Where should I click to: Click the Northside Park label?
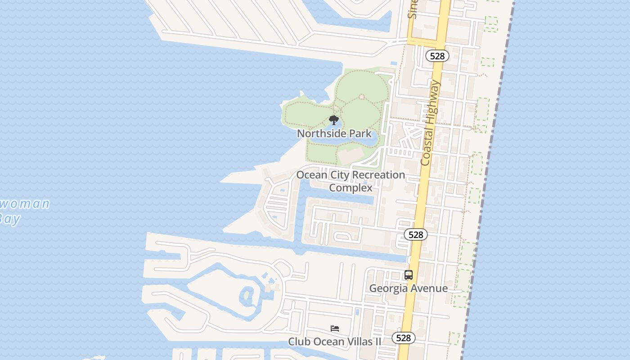pyautogui.click(x=334, y=134)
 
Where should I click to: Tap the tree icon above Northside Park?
pyautogui.click(x=333, y=120)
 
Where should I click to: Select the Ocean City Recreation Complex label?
pyautogui.click(x=351, y=181)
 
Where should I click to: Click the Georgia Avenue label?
pyautogui.click(x=408, y=288)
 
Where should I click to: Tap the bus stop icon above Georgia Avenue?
pyautogui.click(x=409, y=275)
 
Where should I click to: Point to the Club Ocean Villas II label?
pyautogui.click(x=334, y=342)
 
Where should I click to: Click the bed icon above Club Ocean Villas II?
pyautogui.click(x=335, y=328)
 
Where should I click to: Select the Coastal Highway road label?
pyautogui.click(x=430, y=122)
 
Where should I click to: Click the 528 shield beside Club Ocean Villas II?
pyautogui.click(x=403, y=337)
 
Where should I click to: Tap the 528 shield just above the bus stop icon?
pyautogui.click(x=415, y=234)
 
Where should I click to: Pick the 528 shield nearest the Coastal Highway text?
pyautogui.click(x=437, y=56)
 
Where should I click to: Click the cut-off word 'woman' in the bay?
pyautogui.click(x=25, y=204)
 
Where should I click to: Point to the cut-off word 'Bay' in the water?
pyautogui.click(x=10, y=219)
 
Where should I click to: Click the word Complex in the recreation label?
pyautogui.click(x=351, y=188)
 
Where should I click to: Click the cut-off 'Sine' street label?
pyautogui.click(x=413, y=9)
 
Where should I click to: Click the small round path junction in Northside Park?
pyautogui.click(x=361, y=97)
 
